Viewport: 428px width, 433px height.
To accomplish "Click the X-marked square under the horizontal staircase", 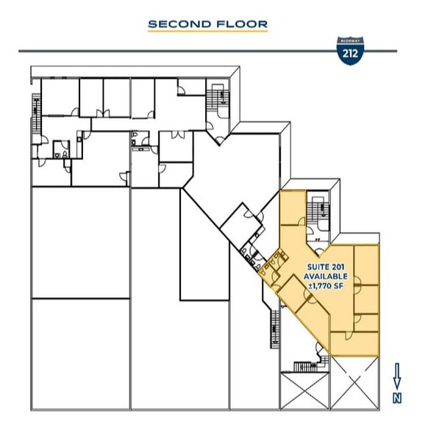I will coord(304,390).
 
